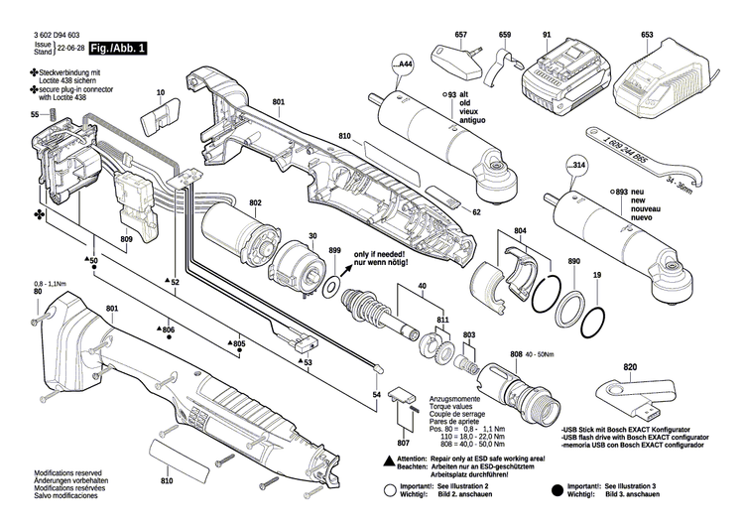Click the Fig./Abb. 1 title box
118,49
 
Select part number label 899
335,251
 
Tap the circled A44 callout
405,66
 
